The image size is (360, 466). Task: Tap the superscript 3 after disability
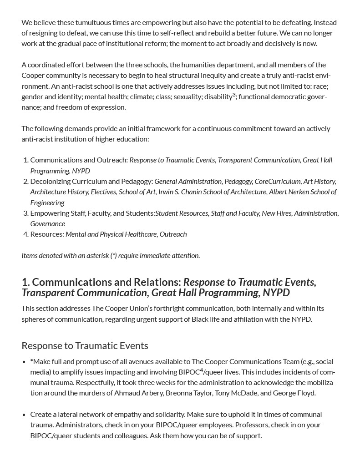[234, 95]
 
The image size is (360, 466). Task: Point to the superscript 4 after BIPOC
[201, 370]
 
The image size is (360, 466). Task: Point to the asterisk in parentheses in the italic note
[113, 255]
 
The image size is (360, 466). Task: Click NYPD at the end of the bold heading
[274, 292]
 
